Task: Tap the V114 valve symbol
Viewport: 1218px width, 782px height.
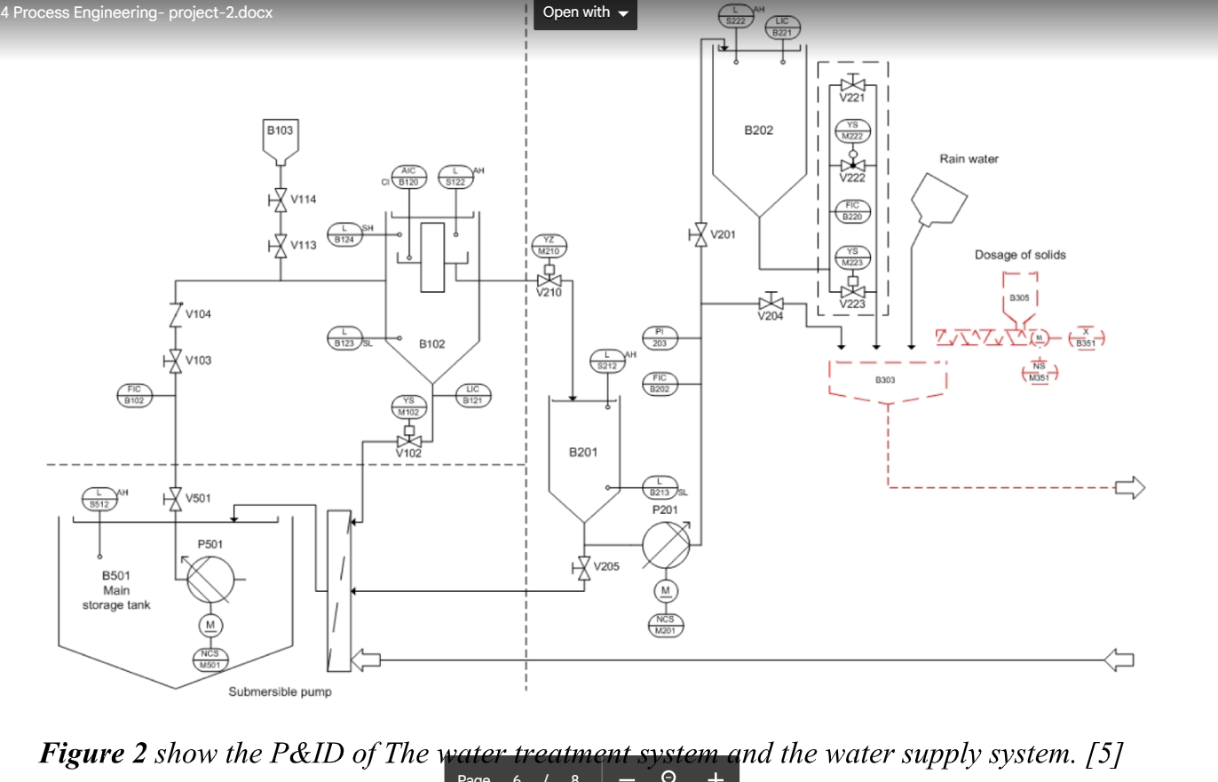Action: tap(281, 200)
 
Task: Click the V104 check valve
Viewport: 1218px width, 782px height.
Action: tap(177, 314)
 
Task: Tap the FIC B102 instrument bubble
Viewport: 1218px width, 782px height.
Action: tap(134, 394)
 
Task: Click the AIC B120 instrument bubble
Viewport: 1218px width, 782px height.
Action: tap(407, 176)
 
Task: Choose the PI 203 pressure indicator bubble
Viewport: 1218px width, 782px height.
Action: tap(660, 337)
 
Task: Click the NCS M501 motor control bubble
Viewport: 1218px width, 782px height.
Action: tap(210, 659)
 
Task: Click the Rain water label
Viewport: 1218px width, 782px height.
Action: tap(969, 159)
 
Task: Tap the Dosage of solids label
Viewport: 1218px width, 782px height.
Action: tap(1020, 255)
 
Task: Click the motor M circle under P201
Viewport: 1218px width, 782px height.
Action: tap(666, 590)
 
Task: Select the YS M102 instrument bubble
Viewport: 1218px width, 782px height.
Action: tap(408, 407)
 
